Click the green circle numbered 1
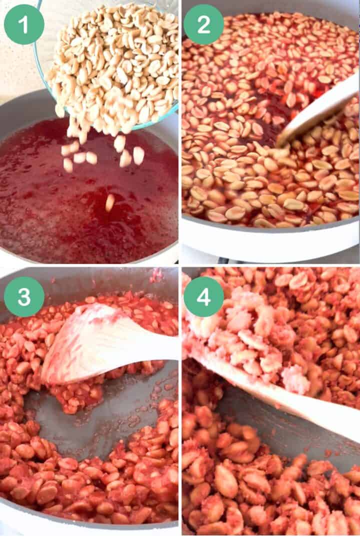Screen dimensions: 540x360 [24, 24]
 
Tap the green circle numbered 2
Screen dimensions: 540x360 [203, 24]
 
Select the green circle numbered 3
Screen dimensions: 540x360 [24, 296]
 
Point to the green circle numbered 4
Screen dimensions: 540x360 [203, 296]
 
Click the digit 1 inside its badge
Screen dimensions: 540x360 [24, 24]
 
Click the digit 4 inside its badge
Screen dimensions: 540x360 [203, 296]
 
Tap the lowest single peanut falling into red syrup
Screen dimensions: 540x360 [109, 202]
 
